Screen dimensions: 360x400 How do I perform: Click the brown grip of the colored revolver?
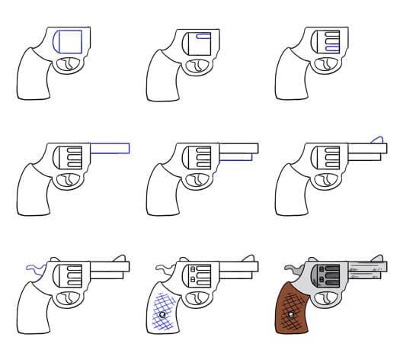click(x=294, y=313)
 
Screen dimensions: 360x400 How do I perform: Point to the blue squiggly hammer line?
click(x=35, y=266)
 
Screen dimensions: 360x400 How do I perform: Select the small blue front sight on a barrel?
click(x=376, y=138)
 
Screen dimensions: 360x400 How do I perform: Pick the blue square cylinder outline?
click(x=69, y=42)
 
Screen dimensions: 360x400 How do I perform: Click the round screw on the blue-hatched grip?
click(x=162, y=314)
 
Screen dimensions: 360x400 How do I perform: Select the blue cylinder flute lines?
click(x=331, y=42)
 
